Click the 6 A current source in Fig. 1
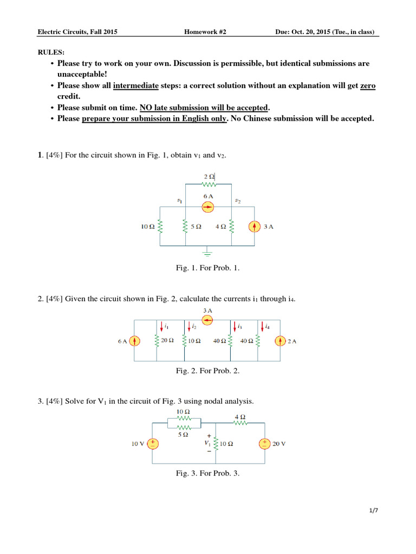209,206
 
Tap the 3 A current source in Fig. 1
254,227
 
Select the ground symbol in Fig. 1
209,251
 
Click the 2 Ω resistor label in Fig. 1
209,176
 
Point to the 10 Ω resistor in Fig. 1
160,227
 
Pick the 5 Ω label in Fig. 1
196,227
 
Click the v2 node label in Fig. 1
237,201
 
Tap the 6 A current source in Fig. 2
136,341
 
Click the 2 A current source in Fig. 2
280,341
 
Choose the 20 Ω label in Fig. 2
167,341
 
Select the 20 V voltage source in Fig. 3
264,444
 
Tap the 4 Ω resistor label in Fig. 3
239,417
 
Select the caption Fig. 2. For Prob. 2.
208,371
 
